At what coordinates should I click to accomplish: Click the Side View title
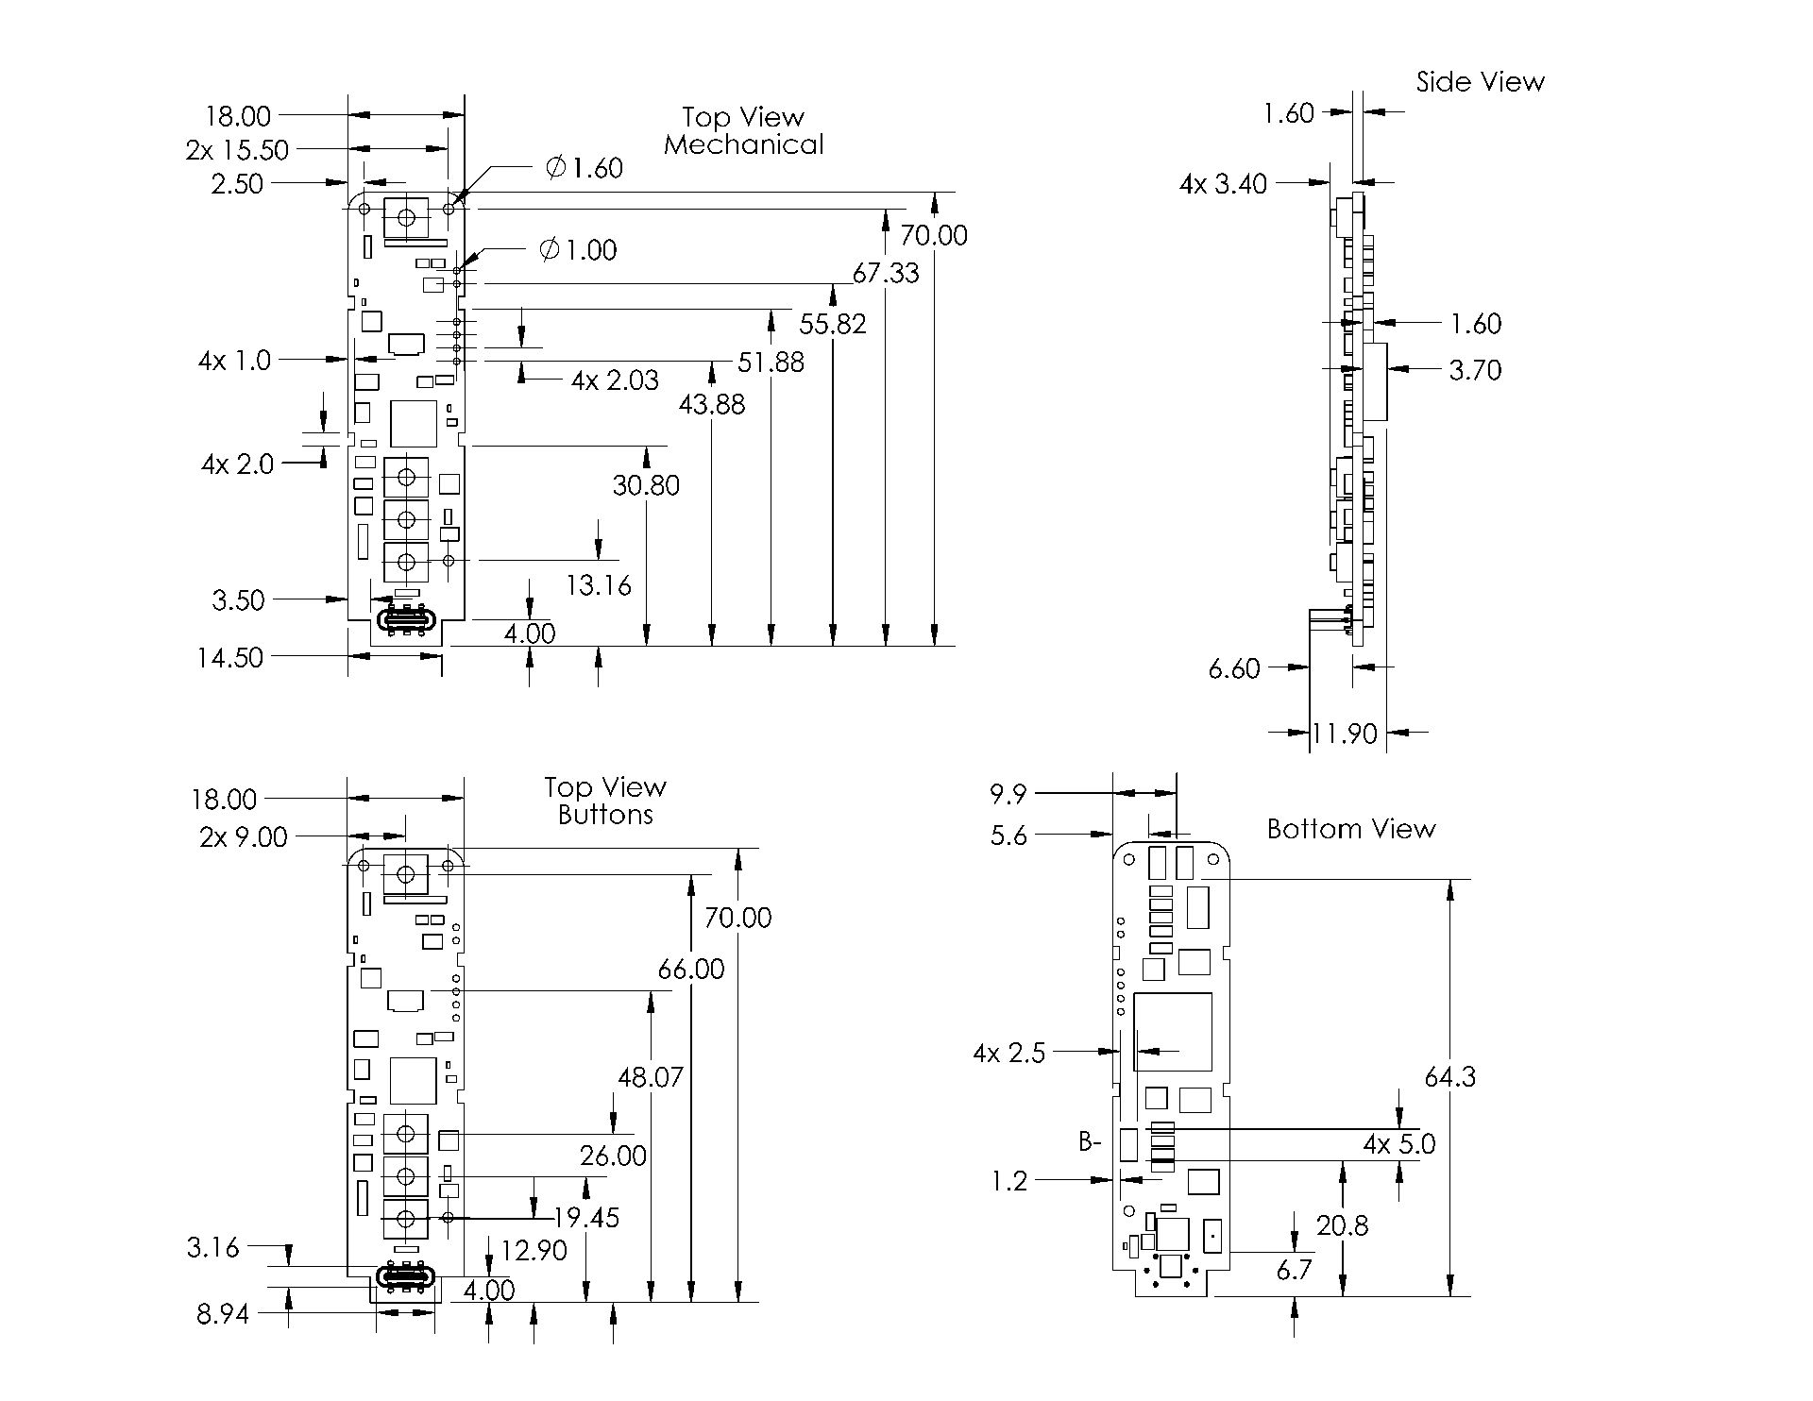1480,82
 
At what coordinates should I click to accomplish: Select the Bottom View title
1350,829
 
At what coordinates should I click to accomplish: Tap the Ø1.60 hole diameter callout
585,168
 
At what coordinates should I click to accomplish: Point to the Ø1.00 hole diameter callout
578,250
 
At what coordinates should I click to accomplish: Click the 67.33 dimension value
885,273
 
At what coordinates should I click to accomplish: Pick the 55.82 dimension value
832,324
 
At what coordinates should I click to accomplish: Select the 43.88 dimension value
711,404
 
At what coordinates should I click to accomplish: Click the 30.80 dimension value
646,485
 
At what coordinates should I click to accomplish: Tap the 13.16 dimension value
598,585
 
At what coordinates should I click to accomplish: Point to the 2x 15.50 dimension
237,149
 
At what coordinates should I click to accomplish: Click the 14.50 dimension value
229,657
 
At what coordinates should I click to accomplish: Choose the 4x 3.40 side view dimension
1223,183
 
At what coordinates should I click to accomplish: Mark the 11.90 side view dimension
1345,733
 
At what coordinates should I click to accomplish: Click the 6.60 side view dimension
1234,668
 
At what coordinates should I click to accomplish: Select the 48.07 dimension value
650,1076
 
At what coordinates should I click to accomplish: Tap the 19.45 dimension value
586,1217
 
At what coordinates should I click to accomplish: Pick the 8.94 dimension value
223,1313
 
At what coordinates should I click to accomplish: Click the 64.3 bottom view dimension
1449,1076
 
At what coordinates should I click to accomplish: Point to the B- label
1090,1142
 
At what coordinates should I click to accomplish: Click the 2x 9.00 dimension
243,836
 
